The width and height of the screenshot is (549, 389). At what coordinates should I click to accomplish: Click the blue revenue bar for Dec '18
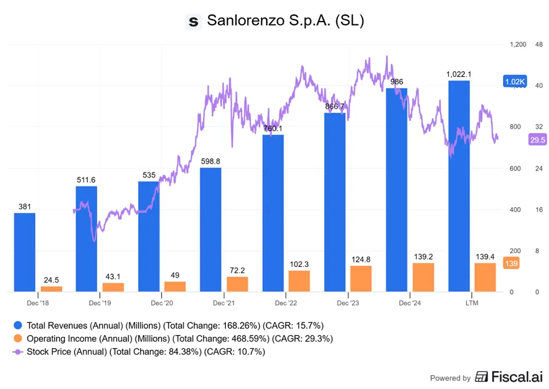click(x=24, y=252)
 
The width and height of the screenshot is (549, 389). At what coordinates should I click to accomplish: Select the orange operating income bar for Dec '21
click(x=238, y=284)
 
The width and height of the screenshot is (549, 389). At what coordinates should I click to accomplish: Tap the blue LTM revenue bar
click(x=459, y=186)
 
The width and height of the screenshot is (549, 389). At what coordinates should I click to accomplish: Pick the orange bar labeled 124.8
click(x=361, y=279)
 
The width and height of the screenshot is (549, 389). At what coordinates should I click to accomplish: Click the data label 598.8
click(x=210, y=161)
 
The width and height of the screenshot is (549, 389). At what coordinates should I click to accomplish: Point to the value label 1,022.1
click(x=459, y=74)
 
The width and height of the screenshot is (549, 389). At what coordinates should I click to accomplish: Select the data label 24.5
click(x=51, y=280)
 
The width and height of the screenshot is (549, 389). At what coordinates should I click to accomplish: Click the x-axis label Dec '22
click(x=286, y=303)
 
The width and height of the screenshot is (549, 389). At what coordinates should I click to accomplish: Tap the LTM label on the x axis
click(x=472, y=303)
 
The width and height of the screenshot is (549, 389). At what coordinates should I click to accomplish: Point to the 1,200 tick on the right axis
click(x=518, y=45)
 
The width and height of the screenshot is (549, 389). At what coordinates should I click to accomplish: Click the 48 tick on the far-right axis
click(x=539, y=45)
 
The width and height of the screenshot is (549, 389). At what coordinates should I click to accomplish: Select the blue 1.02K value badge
click(x=515, y=81)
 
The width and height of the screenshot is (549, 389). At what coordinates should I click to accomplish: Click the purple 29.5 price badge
click(x=537, y=140)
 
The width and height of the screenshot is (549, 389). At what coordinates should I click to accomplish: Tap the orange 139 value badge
click(x=511, y=263)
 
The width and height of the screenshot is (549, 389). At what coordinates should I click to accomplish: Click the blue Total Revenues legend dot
click(x=18, y=325)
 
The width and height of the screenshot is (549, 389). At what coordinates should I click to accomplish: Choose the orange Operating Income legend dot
click(x=18, y=338)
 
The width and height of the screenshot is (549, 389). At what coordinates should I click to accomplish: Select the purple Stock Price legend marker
click(x=18, y=352)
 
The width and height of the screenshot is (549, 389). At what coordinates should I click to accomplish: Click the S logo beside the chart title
click(x=193, y=21)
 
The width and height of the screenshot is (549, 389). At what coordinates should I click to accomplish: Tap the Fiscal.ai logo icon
click(x=481, y=377)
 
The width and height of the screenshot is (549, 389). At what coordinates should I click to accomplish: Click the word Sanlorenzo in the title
click(x=246, y=20)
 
